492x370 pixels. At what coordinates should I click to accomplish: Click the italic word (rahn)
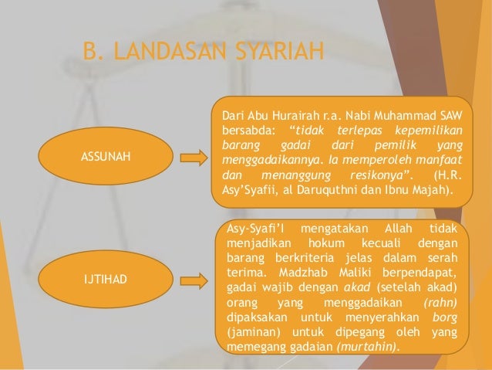click(x=438, y=302)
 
